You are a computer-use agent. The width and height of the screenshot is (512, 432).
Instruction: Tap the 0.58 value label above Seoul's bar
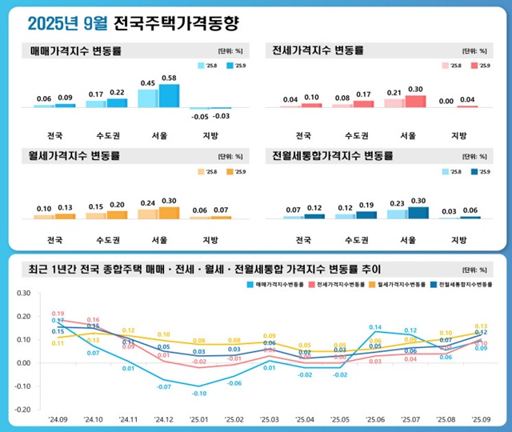click(170, 78)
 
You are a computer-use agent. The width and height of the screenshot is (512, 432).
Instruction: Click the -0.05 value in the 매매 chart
click(200, 117)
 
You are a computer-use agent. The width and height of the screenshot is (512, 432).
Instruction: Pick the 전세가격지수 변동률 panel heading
click(318, 50)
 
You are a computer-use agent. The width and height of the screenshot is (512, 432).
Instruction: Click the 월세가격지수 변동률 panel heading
click(74, 156)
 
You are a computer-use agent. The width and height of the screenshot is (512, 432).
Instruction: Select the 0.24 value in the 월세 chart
click(148, 202)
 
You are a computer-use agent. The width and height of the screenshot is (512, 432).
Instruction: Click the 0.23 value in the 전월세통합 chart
click(396, 203)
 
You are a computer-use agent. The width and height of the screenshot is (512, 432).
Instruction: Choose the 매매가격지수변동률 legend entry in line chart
click(282, 284)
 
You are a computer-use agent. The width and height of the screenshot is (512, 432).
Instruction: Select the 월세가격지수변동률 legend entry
click(396, 284)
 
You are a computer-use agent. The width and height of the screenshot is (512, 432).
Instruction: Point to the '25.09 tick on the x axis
click(481, 418)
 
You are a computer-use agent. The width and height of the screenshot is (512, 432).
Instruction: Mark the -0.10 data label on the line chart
click(199, 393)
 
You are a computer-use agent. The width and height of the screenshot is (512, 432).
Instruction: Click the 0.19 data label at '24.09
click(58, 314)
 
